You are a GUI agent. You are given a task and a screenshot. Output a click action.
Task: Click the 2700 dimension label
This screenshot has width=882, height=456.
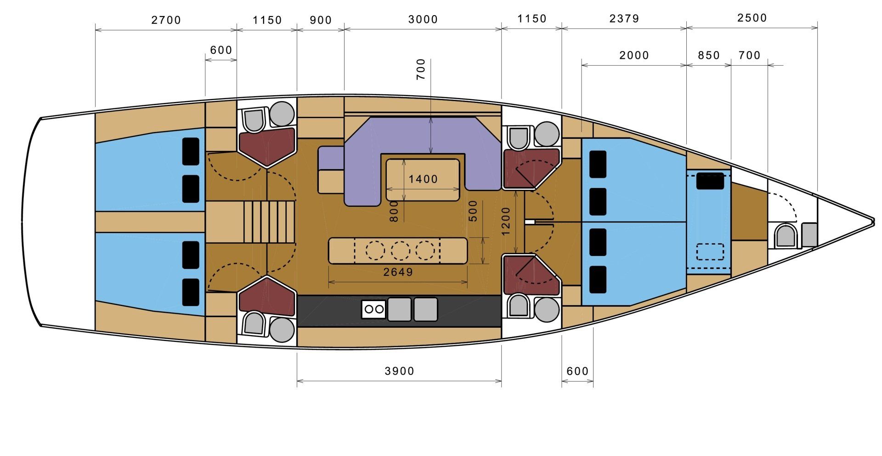pos(166,20)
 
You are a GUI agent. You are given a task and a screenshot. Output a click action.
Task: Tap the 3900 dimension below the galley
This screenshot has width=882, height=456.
pos(399,371)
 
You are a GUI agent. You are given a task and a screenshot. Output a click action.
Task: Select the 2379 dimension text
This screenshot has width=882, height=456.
pos(624,19)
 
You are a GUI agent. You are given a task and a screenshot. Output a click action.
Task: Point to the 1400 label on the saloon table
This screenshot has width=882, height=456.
pos(423,179)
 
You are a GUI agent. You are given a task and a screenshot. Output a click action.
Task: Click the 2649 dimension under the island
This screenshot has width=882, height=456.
pos(398,272)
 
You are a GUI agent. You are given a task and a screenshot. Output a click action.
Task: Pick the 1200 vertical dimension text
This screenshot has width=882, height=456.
pos(506,221)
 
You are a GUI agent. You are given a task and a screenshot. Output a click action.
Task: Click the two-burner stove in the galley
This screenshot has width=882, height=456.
pos(373,309)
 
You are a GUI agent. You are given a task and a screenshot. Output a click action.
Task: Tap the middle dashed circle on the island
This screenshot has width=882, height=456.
pos(400,251)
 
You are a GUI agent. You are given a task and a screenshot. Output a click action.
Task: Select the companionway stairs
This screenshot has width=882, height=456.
pos(268,222)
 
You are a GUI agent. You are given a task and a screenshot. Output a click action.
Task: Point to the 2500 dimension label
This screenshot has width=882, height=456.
pos(752,18)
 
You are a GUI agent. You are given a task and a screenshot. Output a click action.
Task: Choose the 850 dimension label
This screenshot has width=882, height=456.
pos(708,56)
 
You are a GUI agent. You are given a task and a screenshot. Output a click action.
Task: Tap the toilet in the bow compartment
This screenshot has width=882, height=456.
pos(785,236)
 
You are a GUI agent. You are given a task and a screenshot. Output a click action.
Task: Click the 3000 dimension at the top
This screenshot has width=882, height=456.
pos(423,19)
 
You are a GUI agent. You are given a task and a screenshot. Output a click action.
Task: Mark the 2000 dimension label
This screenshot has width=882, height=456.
pos(634,56)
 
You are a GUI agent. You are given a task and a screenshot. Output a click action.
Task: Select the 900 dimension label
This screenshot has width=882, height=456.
pos(321,20)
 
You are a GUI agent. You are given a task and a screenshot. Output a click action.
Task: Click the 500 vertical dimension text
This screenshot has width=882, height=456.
pos(473,211)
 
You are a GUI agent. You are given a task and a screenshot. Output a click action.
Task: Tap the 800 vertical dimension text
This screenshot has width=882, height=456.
pos(394,211)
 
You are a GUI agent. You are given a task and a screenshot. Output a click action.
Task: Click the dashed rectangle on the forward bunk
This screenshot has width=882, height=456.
pos(710,251)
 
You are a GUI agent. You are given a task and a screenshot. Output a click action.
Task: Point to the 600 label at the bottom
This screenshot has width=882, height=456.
pos(577,371)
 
